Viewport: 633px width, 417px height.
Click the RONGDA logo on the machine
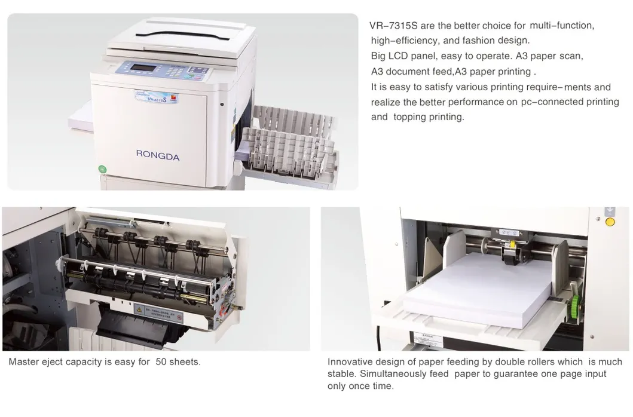[x=157, y=155]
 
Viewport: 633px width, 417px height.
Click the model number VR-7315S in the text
[x=394, y=26]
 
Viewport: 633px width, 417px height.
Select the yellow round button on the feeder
[x=610, y=223]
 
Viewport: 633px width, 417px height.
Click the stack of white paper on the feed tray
[x=478, y=287]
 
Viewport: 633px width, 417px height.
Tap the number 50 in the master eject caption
[x=161, y=362]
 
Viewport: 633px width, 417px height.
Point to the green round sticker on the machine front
[x=102, y=169]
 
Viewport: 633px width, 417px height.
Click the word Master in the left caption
[x=23, y=362]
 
